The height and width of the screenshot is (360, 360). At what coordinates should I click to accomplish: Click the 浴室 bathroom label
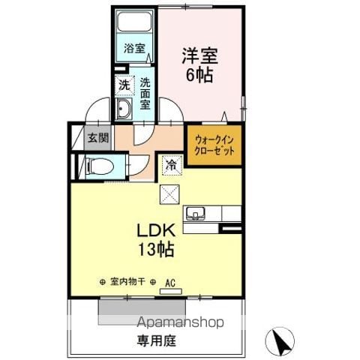pos(134,48)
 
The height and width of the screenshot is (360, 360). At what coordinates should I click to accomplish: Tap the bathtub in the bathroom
pos(135,21)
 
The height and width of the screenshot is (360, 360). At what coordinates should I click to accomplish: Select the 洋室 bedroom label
pos(199,55)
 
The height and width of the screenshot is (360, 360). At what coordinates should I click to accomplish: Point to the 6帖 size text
pos(199,74)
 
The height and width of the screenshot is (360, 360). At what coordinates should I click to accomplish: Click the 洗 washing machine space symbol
pos(124,85)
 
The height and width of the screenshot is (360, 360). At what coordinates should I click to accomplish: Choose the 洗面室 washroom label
pos(145,94)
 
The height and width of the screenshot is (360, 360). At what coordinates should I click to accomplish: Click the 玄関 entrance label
pos(99,137)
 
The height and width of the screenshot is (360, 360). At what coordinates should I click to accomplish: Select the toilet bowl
pos(99,166)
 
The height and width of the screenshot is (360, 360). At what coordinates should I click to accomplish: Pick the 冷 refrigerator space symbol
pos(172,165)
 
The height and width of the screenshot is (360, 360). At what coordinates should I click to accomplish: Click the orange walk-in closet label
pos(214,145)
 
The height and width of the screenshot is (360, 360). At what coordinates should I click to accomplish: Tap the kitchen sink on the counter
pos(195,214)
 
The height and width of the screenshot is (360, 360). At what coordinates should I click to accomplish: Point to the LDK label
pos(156,231)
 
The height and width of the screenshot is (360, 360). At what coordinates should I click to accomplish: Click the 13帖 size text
pos(156,250)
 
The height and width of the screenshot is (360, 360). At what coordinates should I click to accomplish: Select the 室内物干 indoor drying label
pos(127,282)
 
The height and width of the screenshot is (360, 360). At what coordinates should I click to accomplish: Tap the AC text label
pos(170,283)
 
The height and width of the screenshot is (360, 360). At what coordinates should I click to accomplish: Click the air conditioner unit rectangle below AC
pos(171,292)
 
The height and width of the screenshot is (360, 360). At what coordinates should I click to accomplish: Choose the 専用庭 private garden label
pos(156,340)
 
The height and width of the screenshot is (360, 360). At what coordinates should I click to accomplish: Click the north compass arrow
pos(280,341)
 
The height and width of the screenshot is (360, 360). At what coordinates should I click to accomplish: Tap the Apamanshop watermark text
pos(180,322)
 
